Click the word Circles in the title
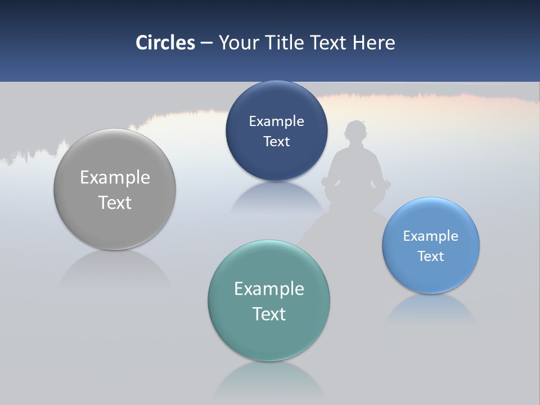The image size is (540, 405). pos(165,43)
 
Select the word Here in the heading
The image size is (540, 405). pos(374,43)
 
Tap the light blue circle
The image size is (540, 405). pos(431,276)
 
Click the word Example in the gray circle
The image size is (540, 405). pos(115,178)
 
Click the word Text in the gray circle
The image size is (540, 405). pos(115,202)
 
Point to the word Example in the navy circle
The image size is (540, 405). pos(276,121)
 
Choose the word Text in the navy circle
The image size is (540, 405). pos(276,142)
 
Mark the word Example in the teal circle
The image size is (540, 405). pos(269,289)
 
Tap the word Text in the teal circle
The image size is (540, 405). pos(269,314)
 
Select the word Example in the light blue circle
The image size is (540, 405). pos(431,236)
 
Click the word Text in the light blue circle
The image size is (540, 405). pos(431,256)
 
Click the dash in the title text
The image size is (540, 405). pos(206,43)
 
